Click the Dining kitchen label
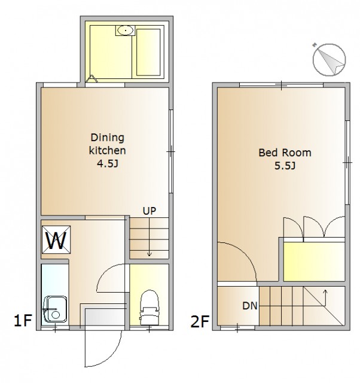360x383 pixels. point(108,144)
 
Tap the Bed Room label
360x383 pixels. point(285,153)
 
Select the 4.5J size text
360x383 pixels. point(108,163)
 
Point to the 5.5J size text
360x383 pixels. point(285,166)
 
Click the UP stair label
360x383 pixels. point(150,211)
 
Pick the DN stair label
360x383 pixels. point(250,306)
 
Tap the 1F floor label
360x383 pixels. point(23,321)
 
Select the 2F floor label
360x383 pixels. point(200,321)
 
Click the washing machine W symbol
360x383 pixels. point(56,239)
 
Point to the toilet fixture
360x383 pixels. point(149,308)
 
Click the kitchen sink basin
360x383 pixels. point(55,309)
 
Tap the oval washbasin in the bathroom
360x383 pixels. point(126,31)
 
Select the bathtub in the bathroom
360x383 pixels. point(148,53)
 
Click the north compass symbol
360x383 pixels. point(330,60)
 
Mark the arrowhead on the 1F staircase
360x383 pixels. point(149,254)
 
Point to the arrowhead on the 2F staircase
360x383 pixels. point(325,291)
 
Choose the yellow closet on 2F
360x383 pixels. point(315,262)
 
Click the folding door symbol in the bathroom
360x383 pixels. point(91,79)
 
